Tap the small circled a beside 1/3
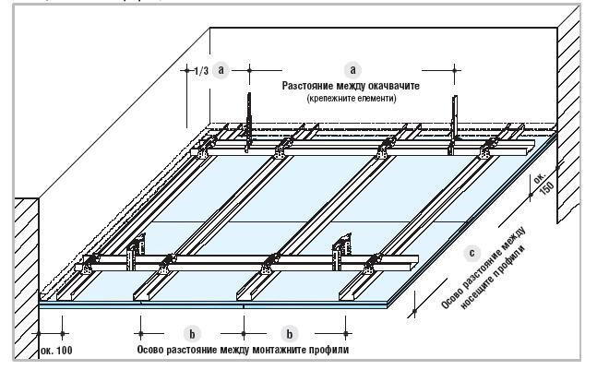(x=221, y=70)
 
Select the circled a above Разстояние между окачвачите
(x=350, y=69)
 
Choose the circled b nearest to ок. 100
(x=191, y=331)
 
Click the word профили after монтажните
(x=328, y=349)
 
